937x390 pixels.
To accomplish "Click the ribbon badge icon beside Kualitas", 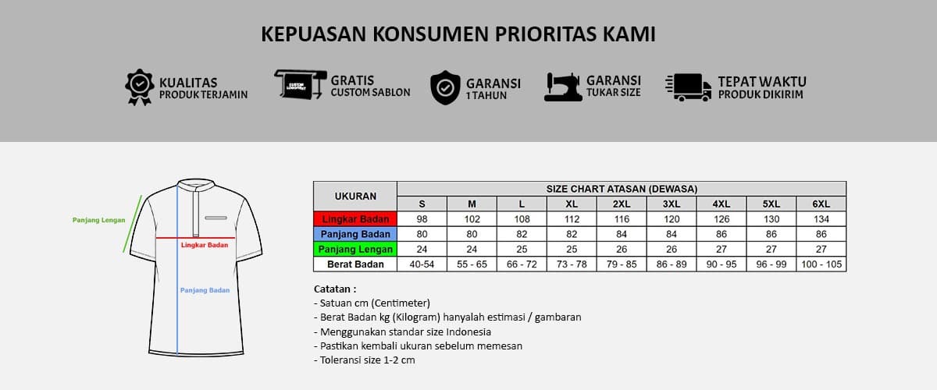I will (x=139, y=87).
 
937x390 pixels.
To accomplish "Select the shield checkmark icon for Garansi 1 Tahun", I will (x=445, y=87).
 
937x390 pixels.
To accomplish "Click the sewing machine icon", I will (x=562, y=87).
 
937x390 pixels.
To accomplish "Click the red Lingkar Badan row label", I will (x=355, y=219).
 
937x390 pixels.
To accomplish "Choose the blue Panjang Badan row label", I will (x=355, y=234).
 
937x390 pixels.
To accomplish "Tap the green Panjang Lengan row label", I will (x=355, y=250).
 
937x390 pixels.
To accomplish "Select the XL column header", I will (x=572, y=204).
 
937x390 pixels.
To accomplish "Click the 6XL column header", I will (x=821, y=204).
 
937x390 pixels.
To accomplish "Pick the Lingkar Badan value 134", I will (x=821, y=219).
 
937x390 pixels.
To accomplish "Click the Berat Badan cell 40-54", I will (x=422, y=264).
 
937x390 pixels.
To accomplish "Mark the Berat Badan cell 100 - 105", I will (x=821, y=264).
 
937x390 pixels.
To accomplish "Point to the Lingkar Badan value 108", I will (x=522, y=219).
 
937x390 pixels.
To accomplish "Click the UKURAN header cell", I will (x=355, y=196).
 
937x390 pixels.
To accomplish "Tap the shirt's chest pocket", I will (x=216, y=217).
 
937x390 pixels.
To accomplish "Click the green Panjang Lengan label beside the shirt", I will (x=99, y=220).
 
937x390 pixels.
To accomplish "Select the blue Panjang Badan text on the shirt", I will (x=205, y=290).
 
